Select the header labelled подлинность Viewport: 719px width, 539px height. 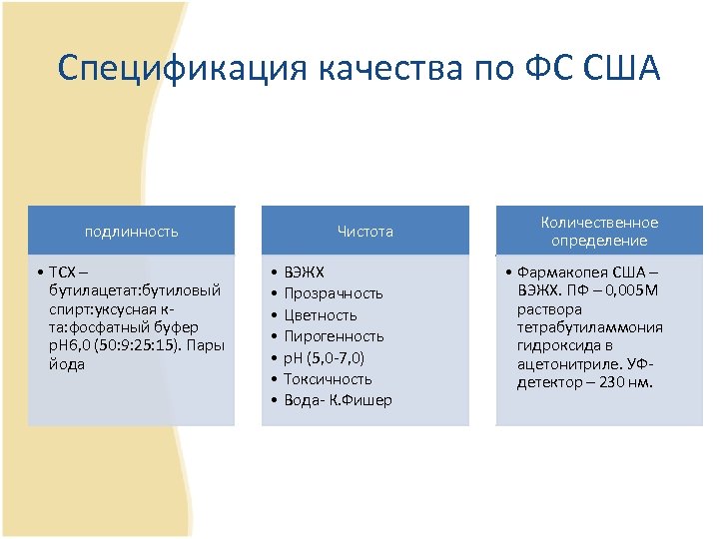pos(131,232)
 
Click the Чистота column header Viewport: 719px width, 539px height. pos(364,232)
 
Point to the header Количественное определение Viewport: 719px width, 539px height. pos(599,232)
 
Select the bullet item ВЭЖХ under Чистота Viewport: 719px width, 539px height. pos(304,271)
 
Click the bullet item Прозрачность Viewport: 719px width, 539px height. pos(333,293)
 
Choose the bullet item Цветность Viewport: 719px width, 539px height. pos(320,314)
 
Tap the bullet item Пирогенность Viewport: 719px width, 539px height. pos(334,336)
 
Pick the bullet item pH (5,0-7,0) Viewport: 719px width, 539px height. pos(324,357)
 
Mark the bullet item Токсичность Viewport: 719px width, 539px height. pos(328,378)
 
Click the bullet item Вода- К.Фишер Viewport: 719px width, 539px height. pos(338,400)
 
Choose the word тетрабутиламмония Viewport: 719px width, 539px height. pos(589,327)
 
